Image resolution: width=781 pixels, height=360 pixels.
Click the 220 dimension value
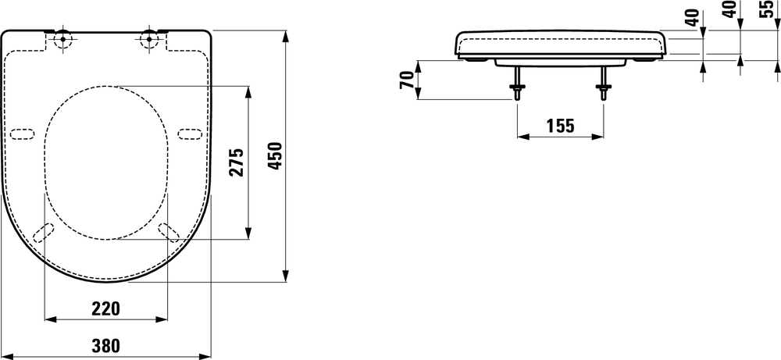105,308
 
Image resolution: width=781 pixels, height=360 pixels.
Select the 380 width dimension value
105,345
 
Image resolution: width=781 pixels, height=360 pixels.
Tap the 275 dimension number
237,162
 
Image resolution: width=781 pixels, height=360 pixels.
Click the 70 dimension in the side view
407,80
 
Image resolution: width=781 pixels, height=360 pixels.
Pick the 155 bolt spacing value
560,125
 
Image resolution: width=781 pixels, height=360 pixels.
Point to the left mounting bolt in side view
517,84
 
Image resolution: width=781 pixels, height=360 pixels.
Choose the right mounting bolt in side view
603,84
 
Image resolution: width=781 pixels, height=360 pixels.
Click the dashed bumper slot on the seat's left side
23,133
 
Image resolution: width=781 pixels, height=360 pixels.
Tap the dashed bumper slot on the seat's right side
189,133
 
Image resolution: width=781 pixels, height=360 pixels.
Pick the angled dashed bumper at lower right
168,232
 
